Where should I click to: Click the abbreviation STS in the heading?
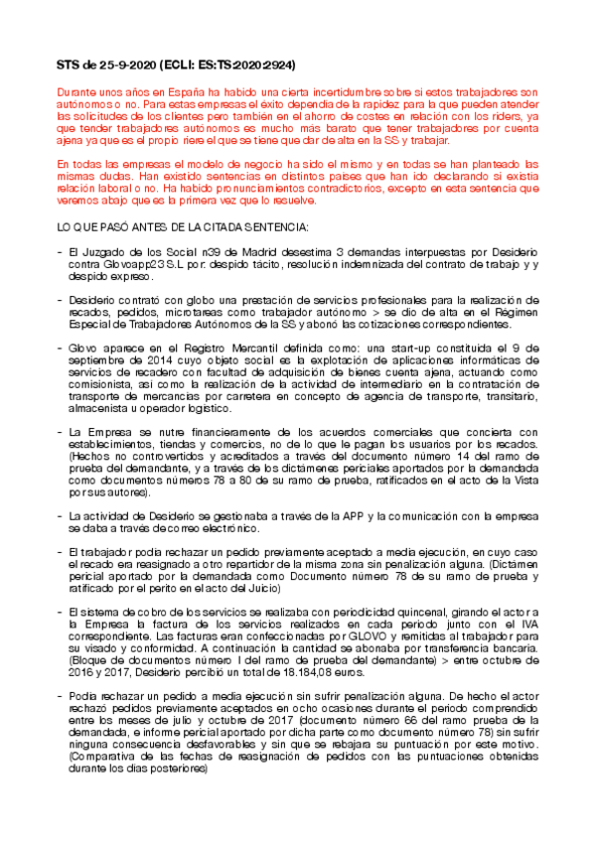69,66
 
